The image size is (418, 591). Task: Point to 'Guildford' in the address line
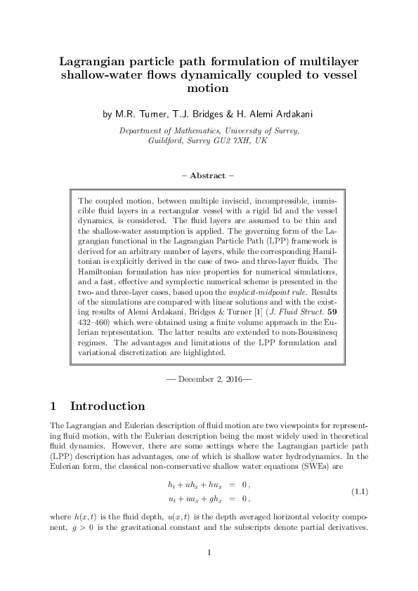169,140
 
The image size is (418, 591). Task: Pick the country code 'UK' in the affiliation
261,140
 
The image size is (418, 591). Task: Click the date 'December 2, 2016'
209,380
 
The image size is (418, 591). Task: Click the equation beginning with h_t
209,484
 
